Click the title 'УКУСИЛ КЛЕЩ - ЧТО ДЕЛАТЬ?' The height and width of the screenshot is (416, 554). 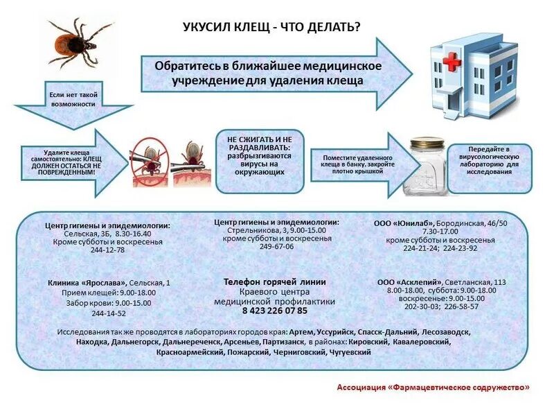[x=271, y=27]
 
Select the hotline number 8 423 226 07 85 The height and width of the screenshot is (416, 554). [x=274, y=311]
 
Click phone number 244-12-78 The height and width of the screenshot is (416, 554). [x=107, y=250]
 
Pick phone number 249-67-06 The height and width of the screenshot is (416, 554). [x=276, y=246]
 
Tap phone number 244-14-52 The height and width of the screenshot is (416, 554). [x=108, y=313]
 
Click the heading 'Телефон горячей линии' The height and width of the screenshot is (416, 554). [x=274, y=282]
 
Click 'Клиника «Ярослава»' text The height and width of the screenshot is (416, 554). [x=88, y=283]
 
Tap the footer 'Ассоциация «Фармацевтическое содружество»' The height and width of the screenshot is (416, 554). [x=434, y=387]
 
